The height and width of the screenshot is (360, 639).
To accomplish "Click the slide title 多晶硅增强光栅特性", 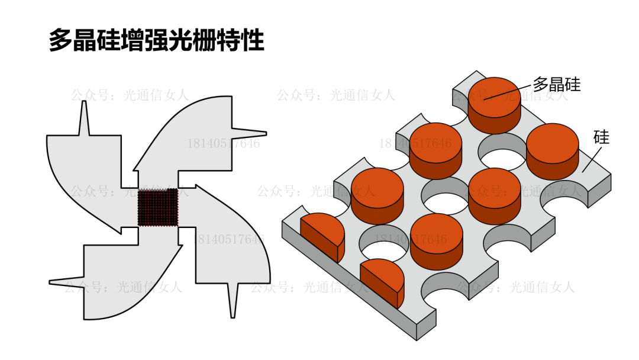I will point(156,40).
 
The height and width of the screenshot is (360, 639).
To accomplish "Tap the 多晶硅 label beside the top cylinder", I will point(556,85).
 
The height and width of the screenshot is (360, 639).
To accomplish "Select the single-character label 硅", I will point(601,137).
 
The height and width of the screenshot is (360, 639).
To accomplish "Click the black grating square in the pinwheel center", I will point(158,207).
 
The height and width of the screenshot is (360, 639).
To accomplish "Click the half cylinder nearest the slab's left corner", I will point(322,234).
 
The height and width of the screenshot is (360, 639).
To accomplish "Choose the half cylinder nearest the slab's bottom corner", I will point(382,281).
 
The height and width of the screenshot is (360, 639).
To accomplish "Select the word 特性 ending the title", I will point(243,40).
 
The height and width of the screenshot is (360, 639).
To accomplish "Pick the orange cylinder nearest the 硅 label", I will point(551,151).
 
